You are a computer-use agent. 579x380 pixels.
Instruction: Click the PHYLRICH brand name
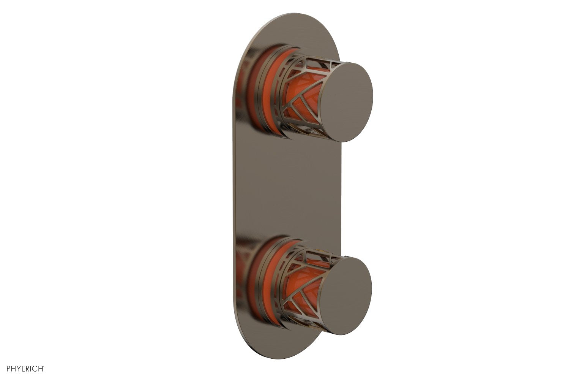[x=25, y=368]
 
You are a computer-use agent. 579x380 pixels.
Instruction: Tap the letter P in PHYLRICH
[x=8, y=368]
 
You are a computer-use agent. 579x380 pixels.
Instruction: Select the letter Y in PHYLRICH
[x=19, y=368]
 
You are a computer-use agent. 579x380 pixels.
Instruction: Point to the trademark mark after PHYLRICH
[x=44, y=367]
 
